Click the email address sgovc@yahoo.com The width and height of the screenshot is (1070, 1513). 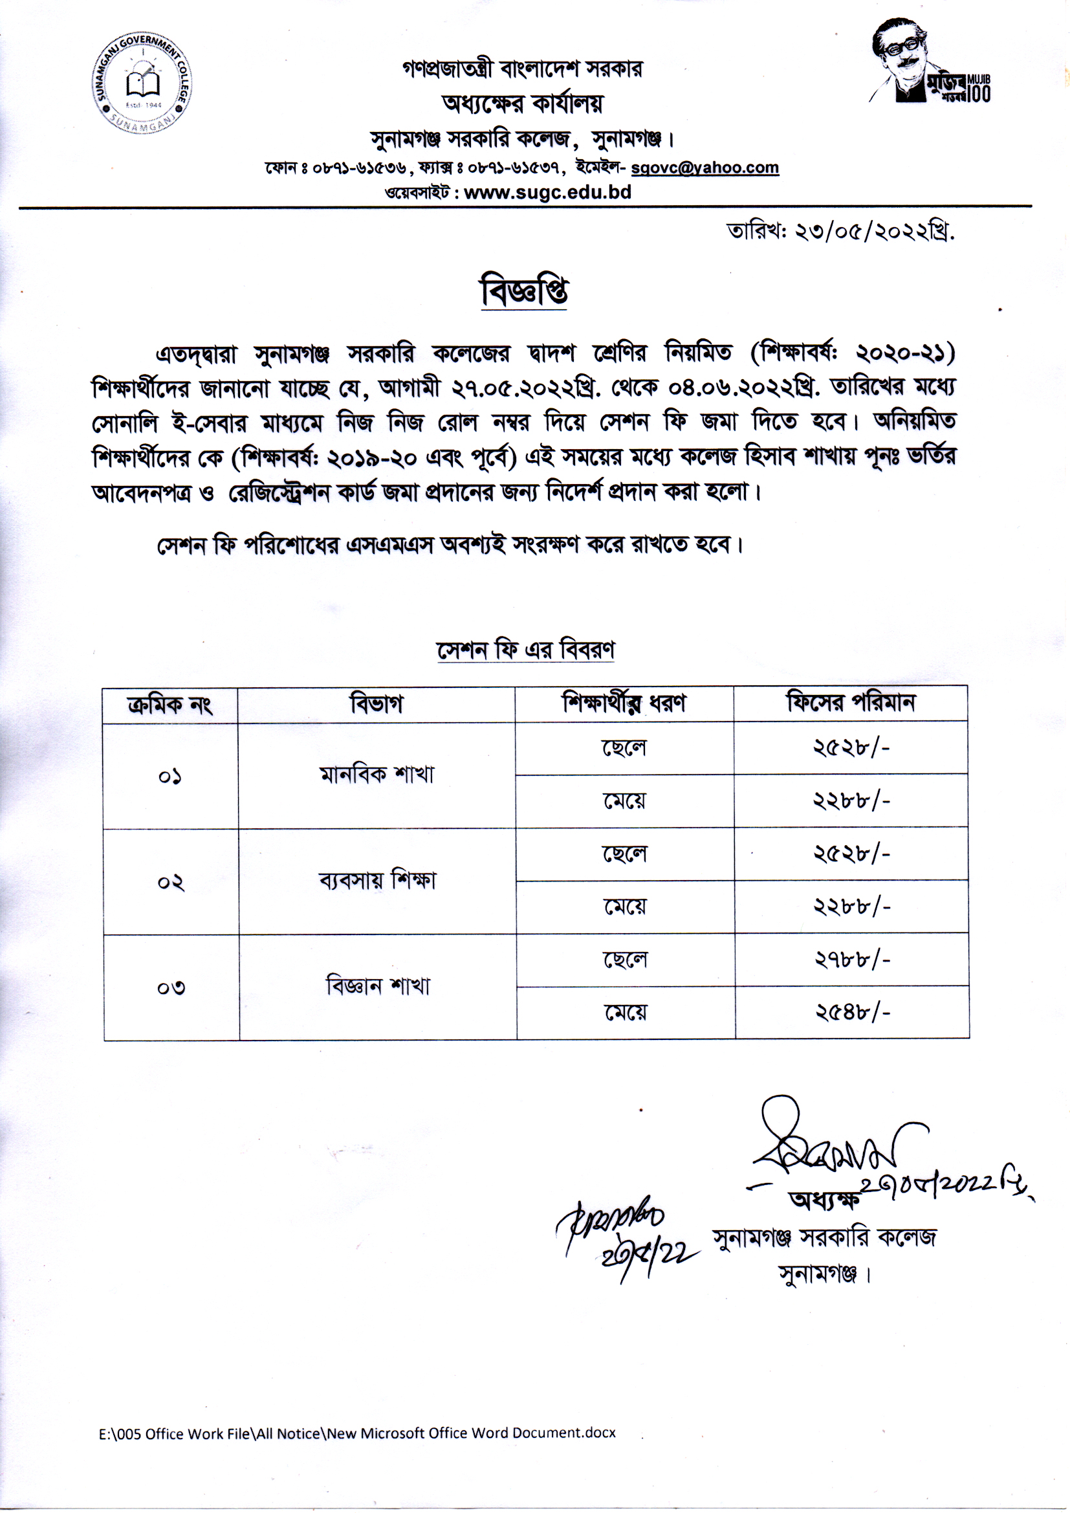(x=704, y=168)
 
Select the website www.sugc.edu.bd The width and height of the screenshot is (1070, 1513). (x=547, y=192)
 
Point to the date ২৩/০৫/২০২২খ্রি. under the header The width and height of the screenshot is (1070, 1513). (x=840, y=232)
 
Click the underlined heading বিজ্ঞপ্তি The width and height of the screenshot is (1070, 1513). (x=524, y=292)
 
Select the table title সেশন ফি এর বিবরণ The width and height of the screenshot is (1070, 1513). (x=525, y=650)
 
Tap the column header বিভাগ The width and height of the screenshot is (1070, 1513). (x=377, y=705)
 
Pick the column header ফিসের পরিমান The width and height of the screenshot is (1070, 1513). (x=851, y=703)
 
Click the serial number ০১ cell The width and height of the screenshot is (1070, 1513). (x=170, y=777)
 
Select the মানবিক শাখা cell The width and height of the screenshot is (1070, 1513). (x=377, y=775)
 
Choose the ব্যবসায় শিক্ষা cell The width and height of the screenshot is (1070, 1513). (x=377, y=881)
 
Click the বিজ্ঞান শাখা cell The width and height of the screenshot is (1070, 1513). (x=378, y=986)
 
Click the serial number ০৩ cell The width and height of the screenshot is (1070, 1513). (x=171, y=988)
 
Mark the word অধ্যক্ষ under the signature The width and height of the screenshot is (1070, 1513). (x=824, y=1200)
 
